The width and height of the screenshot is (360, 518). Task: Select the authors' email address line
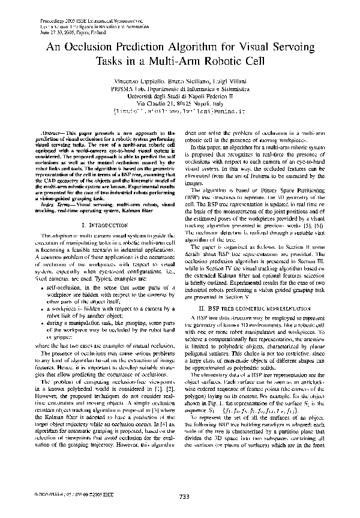(179, 112)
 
